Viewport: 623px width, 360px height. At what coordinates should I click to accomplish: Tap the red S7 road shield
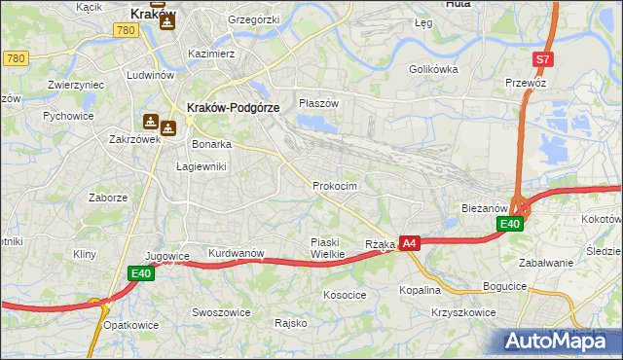(543, 59)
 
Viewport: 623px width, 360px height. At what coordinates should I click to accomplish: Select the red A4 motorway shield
(410, 243)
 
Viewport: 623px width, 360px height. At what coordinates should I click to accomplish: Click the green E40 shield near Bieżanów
(510, 224)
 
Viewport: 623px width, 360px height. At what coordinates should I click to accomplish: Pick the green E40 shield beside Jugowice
(142, 274)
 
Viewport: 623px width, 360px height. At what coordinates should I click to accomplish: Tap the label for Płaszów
(318, 103)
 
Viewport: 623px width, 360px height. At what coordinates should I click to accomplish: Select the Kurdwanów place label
(237, 253)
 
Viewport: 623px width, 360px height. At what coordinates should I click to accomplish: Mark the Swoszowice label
(221, 312)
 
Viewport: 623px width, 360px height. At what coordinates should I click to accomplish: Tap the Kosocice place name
(345, 294)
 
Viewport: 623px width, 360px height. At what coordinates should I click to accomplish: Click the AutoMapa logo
(558, 341)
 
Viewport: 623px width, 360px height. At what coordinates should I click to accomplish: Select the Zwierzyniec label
(75, 85)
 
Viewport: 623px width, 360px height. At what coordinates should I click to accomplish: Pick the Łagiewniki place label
(201, 166)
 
